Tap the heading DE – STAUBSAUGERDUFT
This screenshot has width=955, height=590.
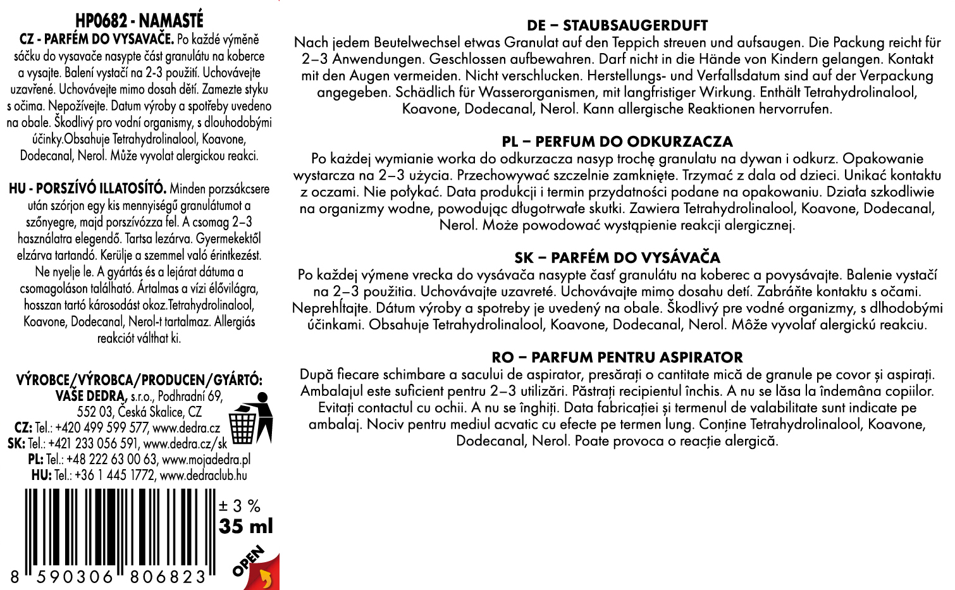617,26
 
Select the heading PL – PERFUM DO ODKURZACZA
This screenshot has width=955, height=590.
617,142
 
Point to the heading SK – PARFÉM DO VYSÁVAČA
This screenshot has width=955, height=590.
617,258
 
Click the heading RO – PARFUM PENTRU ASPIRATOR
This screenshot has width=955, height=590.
617,357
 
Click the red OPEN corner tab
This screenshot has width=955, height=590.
259,569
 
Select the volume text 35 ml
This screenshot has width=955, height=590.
246,526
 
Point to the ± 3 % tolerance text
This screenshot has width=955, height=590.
240,506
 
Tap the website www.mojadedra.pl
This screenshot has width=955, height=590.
207,459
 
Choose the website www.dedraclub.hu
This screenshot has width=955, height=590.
204,475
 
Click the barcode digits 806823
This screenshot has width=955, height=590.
168,577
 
